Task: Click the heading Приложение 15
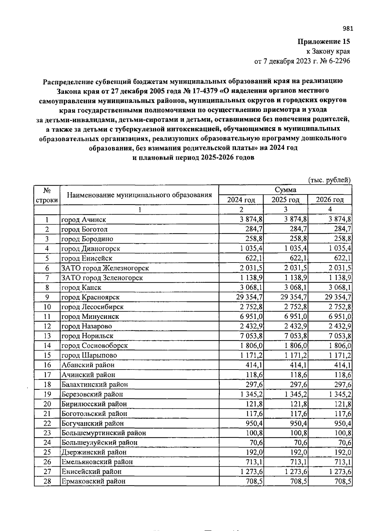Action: [x=324, y=41]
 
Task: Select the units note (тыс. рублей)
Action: [x=329, y=180]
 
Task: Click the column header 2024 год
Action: [x=241, y=199]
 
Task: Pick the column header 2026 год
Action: [x=329, y=199]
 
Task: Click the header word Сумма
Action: [x=285, y=190]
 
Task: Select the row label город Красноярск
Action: [x=90, y=297]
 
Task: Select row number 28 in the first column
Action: [x=47, y=481]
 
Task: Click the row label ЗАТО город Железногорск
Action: [x=105, y=268]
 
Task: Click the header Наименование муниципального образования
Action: [x=139, y=195]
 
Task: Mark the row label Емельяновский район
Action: [x=97, y=462]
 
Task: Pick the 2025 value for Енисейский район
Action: [x=296, y=472]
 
